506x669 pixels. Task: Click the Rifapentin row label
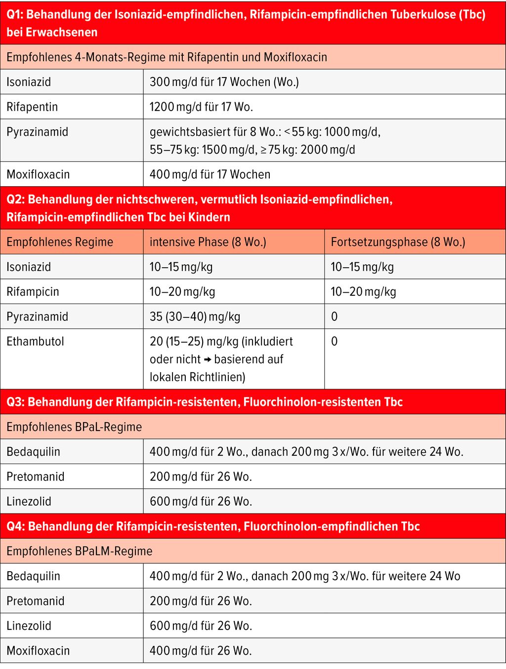(32, 107)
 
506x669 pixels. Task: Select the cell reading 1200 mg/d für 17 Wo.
(201, 107)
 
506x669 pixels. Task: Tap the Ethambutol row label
(35, 341)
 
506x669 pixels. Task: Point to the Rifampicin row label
(33, 291)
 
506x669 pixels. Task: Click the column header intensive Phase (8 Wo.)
(208, 242)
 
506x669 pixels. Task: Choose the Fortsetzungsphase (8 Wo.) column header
(398, 242)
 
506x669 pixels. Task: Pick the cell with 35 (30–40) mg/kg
(195, 316)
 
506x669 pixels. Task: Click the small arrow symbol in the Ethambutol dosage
(208, 359)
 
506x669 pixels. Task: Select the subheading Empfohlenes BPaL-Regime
(74, 427)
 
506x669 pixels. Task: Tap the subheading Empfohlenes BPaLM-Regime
(80, 551)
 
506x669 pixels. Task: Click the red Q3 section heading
(205, 402)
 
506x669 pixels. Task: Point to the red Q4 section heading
(213, 526)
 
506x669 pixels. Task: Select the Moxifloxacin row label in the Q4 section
(38, 651)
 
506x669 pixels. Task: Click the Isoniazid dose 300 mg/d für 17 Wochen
(224, 82)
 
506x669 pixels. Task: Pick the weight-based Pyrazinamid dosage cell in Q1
(265, 141)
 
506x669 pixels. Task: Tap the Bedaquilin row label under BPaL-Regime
(33, 452)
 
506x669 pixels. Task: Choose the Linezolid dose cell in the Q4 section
(201, 626)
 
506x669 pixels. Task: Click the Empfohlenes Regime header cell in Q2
(60, 242)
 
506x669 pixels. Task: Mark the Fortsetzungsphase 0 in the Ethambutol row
(335, 341)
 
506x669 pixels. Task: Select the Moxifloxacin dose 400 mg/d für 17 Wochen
(210, 174)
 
